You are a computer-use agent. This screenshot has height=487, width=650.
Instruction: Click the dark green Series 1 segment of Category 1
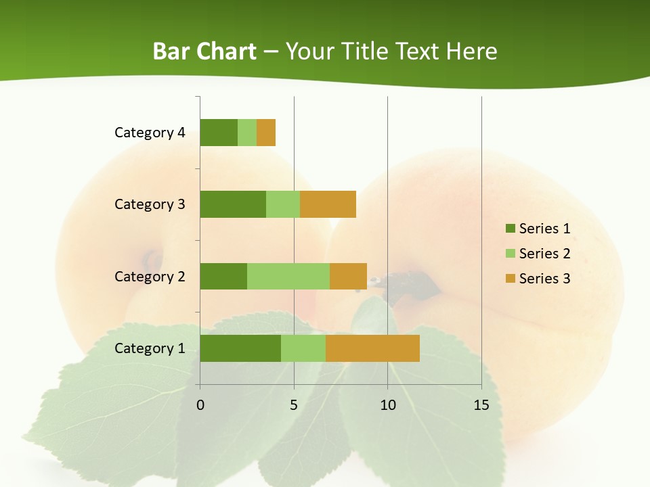point(240,348)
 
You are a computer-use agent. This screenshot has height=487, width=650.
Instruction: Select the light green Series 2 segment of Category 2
point(288,276)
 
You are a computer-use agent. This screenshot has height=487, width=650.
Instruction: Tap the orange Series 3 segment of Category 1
point(372,348)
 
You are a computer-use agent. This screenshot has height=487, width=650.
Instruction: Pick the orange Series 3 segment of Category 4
point(266,133)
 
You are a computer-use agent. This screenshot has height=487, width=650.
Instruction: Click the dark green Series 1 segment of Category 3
point(233,204)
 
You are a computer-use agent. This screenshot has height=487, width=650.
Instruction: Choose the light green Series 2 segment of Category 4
point(247,133)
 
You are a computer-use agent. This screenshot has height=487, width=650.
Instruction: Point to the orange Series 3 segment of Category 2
point(348,276)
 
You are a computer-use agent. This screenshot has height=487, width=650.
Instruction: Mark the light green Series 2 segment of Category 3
point(283,204)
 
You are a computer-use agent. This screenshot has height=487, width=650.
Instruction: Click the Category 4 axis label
point(150,133)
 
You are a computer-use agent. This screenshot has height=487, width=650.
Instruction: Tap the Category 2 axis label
point(150,276)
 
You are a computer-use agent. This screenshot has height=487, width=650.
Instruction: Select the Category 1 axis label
point(150,348)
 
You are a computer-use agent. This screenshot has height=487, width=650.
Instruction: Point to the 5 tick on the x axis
point(294,405)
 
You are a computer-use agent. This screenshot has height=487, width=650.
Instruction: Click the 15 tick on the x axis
point(481,405)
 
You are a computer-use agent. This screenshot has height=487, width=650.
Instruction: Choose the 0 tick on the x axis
point(200,405)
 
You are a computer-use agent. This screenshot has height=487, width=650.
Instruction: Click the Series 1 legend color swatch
point(510,229)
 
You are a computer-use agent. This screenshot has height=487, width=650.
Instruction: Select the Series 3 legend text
point(544,279)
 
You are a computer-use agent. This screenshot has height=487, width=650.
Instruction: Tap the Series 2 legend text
point(544,254)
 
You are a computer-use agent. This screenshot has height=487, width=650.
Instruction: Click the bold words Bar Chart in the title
point(204,51)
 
